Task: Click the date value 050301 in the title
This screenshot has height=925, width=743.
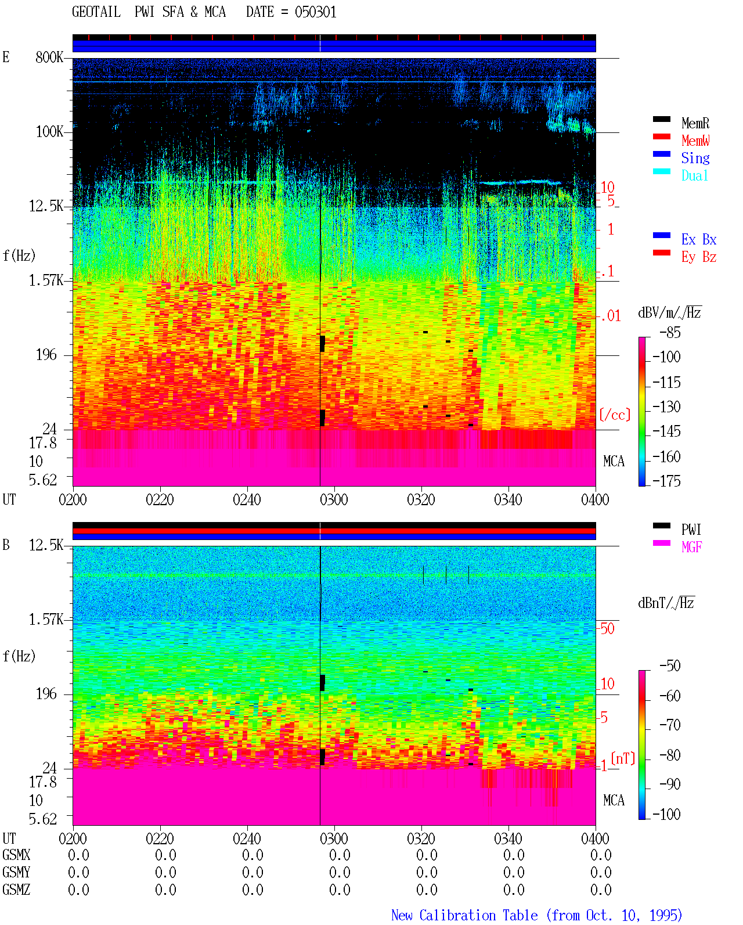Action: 315,12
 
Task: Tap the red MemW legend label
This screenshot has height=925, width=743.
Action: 695,141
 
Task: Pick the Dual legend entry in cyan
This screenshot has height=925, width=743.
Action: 694,175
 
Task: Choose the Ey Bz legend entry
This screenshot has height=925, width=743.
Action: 699,257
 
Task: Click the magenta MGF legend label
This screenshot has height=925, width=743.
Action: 691,547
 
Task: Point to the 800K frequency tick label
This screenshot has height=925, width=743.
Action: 49,57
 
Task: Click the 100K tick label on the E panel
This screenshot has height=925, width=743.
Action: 49,132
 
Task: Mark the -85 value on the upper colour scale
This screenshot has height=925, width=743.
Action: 670,332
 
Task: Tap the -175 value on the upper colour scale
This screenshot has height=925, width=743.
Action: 666,481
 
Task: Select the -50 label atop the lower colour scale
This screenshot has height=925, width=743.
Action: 670,666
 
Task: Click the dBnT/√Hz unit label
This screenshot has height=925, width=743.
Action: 666,603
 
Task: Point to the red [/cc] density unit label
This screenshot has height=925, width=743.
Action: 615,415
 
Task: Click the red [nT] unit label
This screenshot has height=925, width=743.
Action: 623,758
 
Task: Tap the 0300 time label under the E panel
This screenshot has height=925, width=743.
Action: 334,499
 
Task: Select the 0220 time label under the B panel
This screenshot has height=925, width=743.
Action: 160,838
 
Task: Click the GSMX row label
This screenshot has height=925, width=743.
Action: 16,855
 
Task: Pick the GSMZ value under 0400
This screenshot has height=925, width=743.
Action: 601,890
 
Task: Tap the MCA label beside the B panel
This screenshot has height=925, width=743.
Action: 614,800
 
